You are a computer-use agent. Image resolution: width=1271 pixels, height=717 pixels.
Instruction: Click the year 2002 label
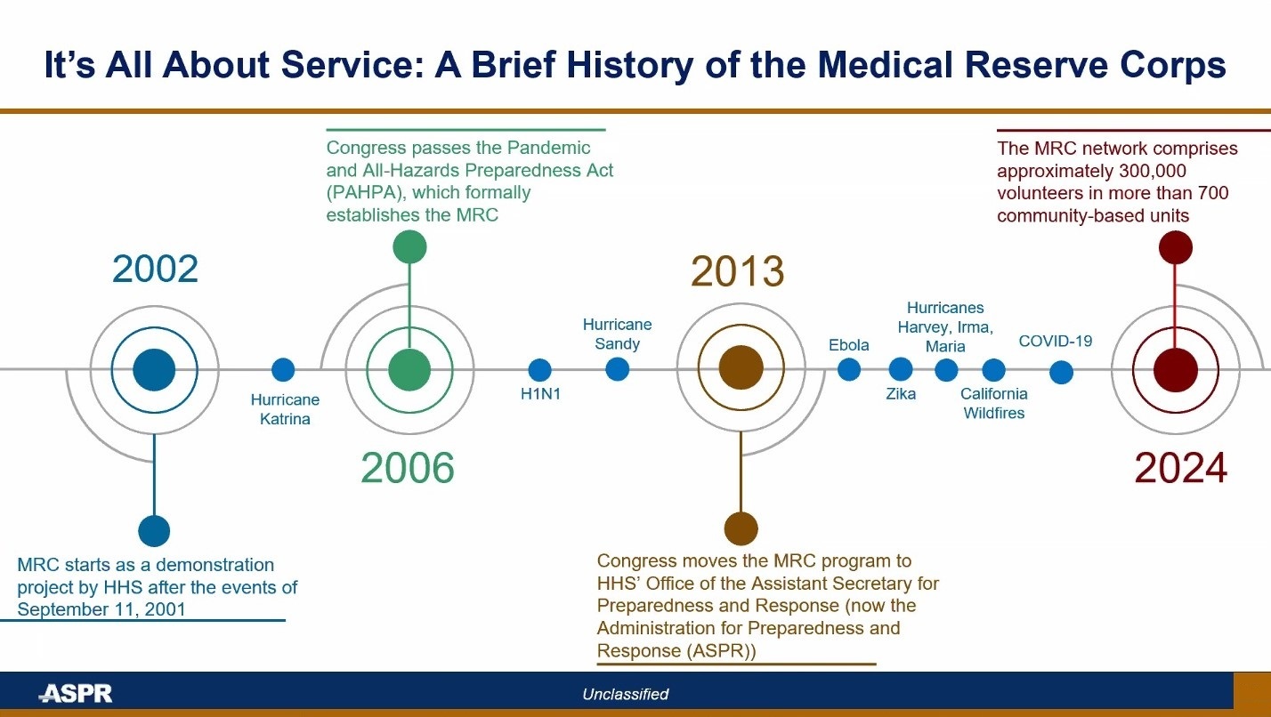pyautogui.click(x=155, y=269)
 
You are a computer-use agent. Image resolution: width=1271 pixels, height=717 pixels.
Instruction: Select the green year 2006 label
pyautogui.click(x=408, y=468)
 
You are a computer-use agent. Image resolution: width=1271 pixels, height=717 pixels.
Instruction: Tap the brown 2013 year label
pyautogui.click(x=737, y=272)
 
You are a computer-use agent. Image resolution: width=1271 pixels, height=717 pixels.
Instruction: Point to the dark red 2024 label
pyautogui.click(x=1180, y=468)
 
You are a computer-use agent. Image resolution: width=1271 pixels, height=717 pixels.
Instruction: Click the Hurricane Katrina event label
pyautogui.click(x=285, y=409)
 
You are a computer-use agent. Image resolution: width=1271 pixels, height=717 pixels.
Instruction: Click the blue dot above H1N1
pyautogui.click(x=539, y=370)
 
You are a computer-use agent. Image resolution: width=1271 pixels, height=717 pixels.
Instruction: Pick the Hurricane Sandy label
pyautogui.click(x=617, y=334)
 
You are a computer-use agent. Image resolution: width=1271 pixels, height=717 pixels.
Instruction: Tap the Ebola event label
pyautogui.click(x=848, y=345)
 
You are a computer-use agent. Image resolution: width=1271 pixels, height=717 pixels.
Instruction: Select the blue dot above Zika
pyautogui.click(x=901, y=369)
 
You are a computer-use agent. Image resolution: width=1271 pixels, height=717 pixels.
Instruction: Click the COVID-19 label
pyautogui.click(x=1055, y=341)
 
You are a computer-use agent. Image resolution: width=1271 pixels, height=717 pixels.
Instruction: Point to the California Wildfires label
pyautogui.click(x=993, y=403)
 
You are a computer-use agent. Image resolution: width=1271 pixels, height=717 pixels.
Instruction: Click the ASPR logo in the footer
pyautogui.click(x=76, y=694)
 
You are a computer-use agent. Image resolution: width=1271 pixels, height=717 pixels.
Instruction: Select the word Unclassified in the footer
pyautogui.click(x=625, y=694)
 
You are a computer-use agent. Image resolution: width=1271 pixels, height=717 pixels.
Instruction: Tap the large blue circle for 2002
pyautogui.click(x=155, y=369)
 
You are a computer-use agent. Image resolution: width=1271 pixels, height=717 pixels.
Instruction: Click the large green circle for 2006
pyautogui.click(x=409, y=369)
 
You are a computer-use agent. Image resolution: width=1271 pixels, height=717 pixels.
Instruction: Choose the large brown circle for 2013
pyautogui.click(x=741, y=369)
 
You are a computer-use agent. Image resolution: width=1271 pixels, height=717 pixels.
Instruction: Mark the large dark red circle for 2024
pyautogui.click(x=1175, y=369)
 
